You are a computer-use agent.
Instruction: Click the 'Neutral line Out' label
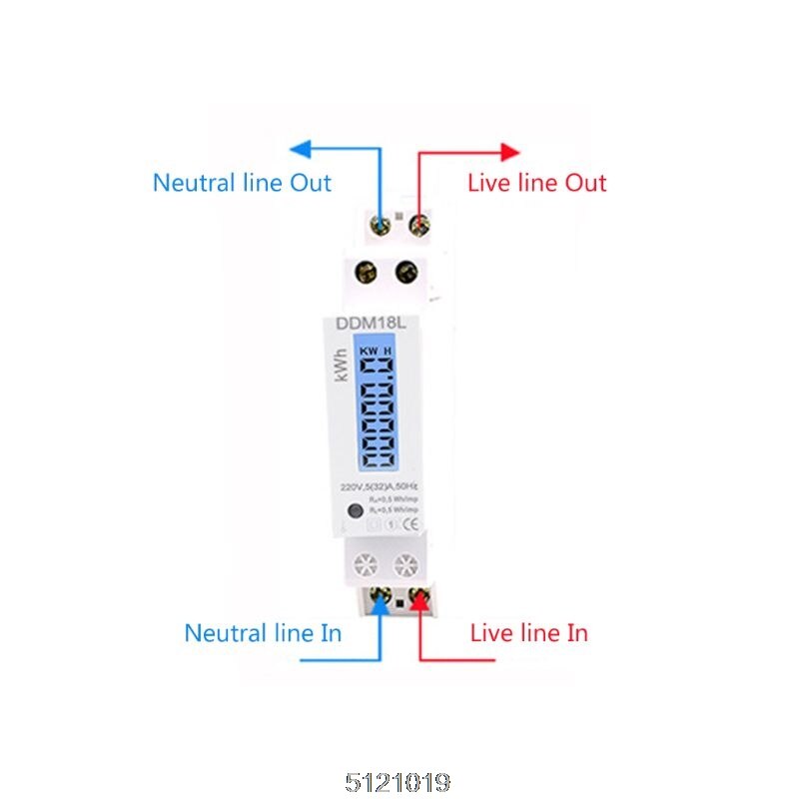tap(242, 183)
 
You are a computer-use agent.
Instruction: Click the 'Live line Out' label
tap(537, 183)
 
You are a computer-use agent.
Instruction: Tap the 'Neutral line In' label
tap(263, 633)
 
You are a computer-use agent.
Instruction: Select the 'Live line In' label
tap(528, 633)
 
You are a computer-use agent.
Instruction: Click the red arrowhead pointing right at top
tap(510, 151)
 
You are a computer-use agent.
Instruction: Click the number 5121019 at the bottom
tap(399, 778)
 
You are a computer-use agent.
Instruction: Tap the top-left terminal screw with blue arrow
tap(382, 220)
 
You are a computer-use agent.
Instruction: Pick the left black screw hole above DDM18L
tap(367, 271)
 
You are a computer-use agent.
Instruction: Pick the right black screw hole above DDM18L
tap(406, 271)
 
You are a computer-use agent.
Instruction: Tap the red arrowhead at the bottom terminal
tap(418, 600)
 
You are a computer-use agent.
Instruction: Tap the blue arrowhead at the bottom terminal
tap(380, 600)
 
